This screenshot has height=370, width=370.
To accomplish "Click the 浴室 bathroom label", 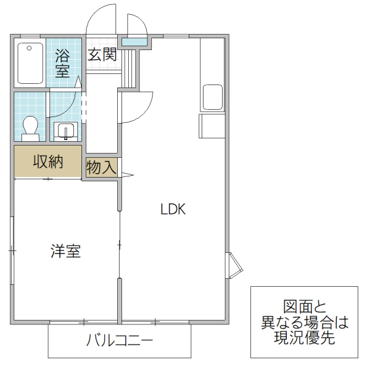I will point(62,62).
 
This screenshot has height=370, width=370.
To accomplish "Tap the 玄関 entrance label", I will point(102,54).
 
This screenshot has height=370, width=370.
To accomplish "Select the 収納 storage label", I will point(48,162).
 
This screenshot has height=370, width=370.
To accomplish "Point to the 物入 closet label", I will point(101,167).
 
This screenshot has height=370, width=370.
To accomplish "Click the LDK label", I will point(173,209).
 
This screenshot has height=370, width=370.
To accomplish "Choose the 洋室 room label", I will point(65,251).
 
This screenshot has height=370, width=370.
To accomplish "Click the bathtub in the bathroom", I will point(30,62).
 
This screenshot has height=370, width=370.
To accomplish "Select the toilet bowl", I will point(30,126).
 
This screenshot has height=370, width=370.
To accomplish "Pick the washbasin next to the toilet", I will point(65,131).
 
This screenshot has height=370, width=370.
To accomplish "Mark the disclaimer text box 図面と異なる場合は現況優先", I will point(304,322).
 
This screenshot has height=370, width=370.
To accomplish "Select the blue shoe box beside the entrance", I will point(134,42).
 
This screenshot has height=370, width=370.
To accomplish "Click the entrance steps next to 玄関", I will point(129,68).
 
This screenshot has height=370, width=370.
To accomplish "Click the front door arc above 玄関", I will point(101,22).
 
